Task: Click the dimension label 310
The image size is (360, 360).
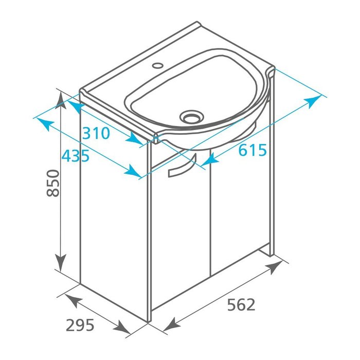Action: point(96,133)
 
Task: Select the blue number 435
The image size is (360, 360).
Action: point(76,155)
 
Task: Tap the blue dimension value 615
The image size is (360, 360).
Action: point(253,150)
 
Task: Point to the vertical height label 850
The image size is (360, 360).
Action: point(53,183)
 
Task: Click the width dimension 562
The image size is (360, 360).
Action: point(241,305)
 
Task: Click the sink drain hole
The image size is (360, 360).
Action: point(191,116)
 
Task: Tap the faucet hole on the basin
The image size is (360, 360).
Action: point(158,65)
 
